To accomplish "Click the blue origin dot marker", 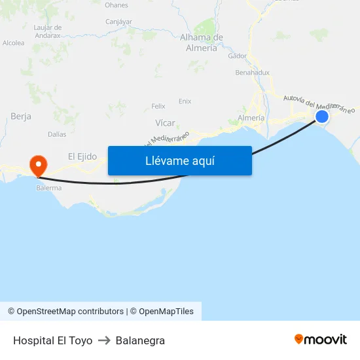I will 321,117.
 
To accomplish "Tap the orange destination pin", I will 38,164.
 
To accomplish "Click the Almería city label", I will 251,118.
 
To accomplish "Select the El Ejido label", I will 82,156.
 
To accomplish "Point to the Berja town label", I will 21,117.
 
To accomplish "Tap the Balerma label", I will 49,188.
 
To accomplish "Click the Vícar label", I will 165,123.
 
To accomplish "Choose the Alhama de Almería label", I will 202,43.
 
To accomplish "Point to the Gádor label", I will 238,56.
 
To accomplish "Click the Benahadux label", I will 252,73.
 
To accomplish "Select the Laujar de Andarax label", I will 47,31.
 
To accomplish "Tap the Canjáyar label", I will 118,22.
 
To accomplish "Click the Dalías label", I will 57,134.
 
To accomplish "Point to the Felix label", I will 158,106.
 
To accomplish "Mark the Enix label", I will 185,101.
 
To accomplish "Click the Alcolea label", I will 14,43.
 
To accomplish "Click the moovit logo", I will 321,340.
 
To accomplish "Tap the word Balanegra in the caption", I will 140,340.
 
